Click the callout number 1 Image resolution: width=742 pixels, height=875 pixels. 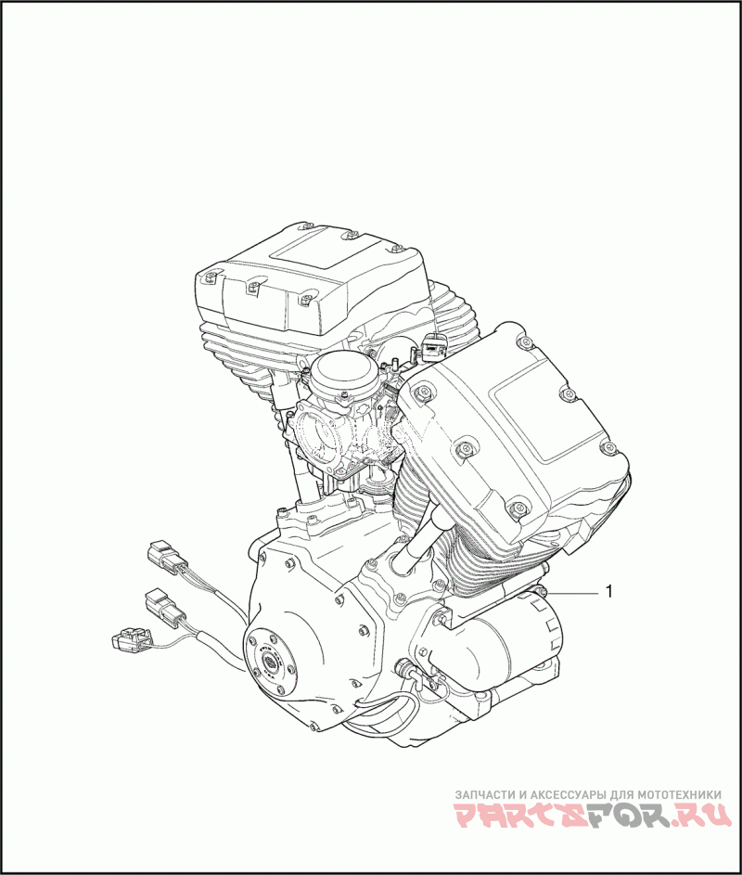609,591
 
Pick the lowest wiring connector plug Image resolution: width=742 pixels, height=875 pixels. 131,638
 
